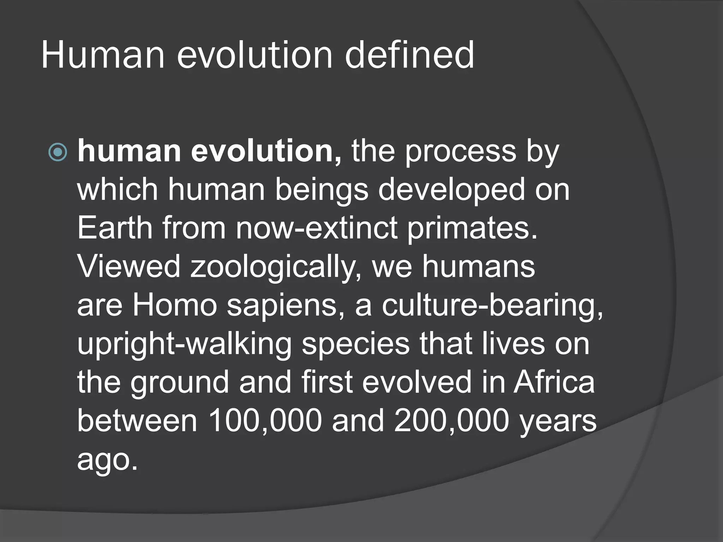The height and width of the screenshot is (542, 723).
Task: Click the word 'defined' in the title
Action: [410, 55]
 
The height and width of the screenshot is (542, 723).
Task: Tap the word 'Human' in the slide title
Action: [103, 55]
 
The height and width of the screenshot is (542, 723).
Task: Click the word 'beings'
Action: [321, 191]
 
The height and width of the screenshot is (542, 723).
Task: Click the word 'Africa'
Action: [554, 383]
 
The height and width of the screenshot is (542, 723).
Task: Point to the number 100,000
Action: [265, 421]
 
